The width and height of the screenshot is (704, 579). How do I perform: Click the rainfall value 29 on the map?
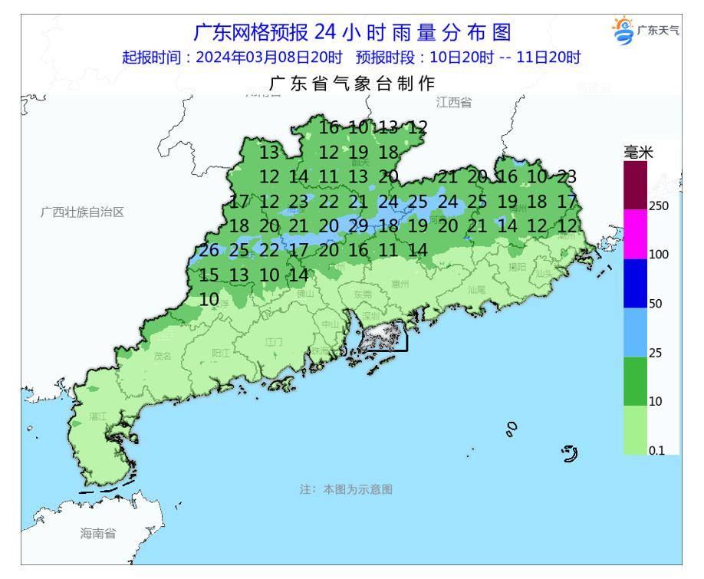coord(359,225)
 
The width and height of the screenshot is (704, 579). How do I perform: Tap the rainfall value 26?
coord(209,250)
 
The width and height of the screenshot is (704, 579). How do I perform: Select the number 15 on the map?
coord(209,275)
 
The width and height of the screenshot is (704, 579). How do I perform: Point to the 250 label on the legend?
coord(660,206)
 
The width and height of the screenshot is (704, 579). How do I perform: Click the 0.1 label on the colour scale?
coord(657,451)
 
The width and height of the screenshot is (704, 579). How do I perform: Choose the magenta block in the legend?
coord(636,234)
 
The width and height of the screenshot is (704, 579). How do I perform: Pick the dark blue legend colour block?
coord(636,283)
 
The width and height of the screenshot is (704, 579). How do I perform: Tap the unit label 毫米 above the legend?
coord(639,153)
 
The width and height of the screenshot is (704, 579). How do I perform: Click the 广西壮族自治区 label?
coord(82,212)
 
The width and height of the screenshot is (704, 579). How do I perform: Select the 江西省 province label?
coord(454,102)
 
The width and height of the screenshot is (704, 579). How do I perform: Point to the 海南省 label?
coord(98,534)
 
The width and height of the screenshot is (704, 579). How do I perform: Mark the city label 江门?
coord(274,341)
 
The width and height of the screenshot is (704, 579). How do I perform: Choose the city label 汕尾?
coord(477,290)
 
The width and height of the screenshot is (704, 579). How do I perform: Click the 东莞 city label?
coord(362,294)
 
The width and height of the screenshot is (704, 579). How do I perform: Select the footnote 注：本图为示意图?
coord(346,489)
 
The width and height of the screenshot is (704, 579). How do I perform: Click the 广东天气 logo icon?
coord(623,30)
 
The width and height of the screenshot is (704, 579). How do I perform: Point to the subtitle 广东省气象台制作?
coord(352,84)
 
